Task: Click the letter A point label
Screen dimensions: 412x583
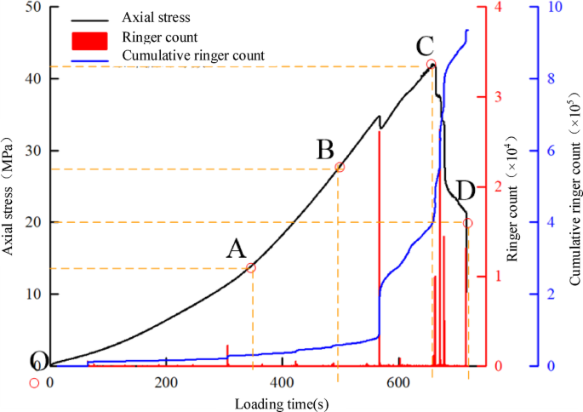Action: tap(236, 249)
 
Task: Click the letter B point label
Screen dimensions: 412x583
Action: tap(325, 150)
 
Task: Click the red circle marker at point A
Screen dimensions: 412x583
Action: tap(251, 268)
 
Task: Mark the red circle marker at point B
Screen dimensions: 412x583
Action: tap(340, 168)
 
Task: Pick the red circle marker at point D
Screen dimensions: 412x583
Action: tap(467, 223)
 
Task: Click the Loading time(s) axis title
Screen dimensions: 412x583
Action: tap(281, 402)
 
